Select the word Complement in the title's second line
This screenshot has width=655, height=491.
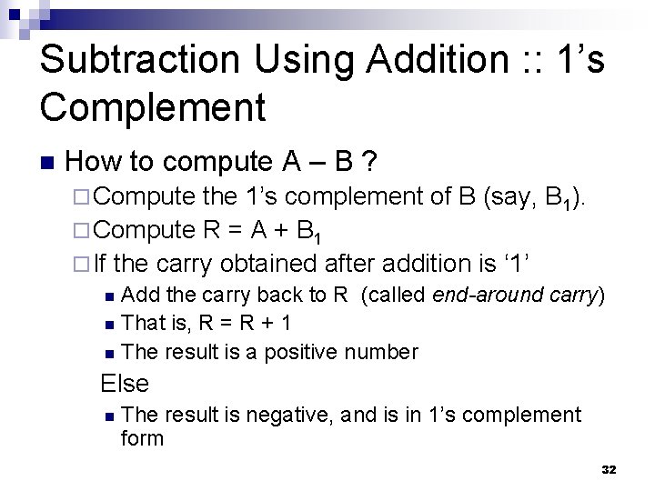152,106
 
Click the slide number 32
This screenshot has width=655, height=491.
609,469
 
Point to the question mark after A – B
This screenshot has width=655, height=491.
370,163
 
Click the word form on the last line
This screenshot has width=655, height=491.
142,438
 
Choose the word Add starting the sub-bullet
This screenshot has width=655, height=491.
137,295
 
